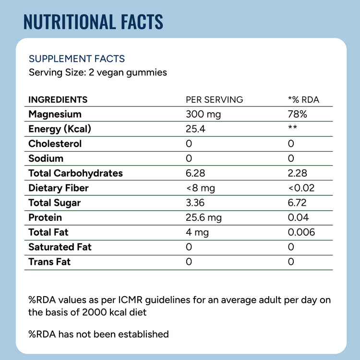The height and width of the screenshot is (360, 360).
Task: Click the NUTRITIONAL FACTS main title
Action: [x=94, y=22]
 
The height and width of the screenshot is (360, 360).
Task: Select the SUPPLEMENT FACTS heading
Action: [x=77, y=59]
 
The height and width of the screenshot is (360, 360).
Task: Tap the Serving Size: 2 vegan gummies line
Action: [x=98, y=72]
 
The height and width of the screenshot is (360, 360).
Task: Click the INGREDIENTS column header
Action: [x=58, y=100]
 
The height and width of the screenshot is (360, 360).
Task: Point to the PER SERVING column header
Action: [x=215, y=100]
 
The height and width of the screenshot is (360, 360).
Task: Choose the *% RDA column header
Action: [x=303, y=100]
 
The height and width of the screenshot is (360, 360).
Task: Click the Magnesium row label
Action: [x=55, y=114]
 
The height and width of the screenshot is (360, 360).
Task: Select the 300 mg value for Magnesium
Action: [x=204, y=114]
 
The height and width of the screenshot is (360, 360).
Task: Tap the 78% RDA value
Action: [x=298, y=114]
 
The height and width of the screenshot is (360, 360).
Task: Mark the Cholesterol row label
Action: [x=55, y=144]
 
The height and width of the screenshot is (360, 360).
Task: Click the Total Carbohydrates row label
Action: [x=76, y=173]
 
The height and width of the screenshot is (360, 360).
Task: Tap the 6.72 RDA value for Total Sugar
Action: [x=297, y=203]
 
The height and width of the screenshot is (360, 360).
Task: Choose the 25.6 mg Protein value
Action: [x=204, y=218]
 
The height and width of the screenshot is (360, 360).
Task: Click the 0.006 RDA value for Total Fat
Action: [x=301, y=232]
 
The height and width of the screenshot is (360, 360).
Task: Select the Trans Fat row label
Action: [x=49, y=262]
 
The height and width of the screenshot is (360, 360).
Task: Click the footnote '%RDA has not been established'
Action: [x=99, y=334]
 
